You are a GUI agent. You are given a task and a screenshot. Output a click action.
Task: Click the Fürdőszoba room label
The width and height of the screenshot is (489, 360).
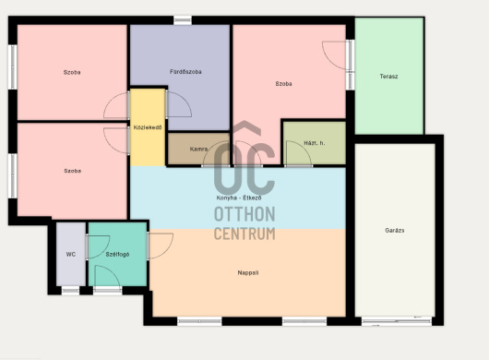point(185,72)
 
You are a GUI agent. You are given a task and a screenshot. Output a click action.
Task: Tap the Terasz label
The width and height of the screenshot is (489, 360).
point(388,77)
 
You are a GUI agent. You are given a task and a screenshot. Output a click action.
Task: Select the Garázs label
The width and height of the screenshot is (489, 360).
point(395,231)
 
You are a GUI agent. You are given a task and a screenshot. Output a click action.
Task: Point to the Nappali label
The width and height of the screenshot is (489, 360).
point(248,272)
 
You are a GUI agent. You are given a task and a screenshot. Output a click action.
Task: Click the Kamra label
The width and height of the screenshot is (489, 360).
point(198,150)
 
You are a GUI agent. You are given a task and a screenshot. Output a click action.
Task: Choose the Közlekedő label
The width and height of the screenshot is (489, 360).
point(148,127)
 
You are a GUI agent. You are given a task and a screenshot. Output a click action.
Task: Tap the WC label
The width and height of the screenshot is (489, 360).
point(71,255)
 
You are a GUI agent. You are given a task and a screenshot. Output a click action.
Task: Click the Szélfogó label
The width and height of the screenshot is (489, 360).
point(117,255)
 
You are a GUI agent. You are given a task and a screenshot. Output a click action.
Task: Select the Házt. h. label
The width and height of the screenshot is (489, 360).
point(314,143)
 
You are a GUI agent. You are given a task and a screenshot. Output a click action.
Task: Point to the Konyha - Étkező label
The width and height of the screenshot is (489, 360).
point(239,198)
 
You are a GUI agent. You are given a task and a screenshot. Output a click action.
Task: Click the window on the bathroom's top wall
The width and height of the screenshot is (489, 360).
point(183,20)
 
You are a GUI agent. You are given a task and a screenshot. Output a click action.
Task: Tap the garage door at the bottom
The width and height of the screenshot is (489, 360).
point(397,321)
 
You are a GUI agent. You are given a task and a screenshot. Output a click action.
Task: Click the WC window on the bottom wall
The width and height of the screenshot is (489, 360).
point(70,291)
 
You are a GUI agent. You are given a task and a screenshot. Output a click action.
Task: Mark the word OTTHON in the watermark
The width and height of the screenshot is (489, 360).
point(244,214)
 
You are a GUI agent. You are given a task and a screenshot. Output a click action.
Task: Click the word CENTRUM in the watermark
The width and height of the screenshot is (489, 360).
point(244,234)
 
